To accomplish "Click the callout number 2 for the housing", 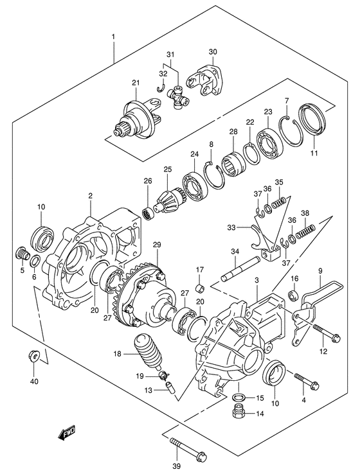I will (91, 196).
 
